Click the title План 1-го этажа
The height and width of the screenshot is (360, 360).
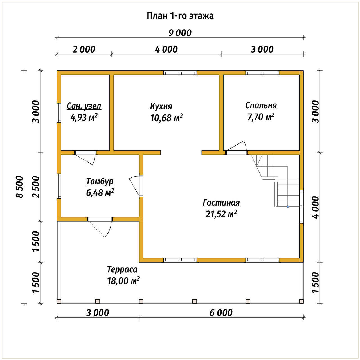[180, 16]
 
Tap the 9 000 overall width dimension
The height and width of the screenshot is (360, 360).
[180, 33]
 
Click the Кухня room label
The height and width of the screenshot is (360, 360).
[161, 106]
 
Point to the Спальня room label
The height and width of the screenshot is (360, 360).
[261, 105]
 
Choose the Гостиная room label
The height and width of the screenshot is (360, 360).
[221, 203]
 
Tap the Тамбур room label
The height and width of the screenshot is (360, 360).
[100, 181]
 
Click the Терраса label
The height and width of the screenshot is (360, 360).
[122, 269]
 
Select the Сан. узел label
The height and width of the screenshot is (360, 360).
[84, 106]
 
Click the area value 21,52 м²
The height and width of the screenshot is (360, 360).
[221, 214]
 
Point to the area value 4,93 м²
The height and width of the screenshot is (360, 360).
[84, 117]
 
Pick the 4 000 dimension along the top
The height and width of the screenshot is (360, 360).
[166, 49]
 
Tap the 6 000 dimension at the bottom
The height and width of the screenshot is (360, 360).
[221, 313]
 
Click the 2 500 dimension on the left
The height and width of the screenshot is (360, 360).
[36, 187]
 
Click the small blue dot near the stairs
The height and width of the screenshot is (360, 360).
[288, 206]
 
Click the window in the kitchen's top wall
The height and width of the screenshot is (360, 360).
[180, 73]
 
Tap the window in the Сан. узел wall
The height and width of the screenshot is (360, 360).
[59, 113]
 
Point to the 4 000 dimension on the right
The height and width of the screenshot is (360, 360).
[316, 207]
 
